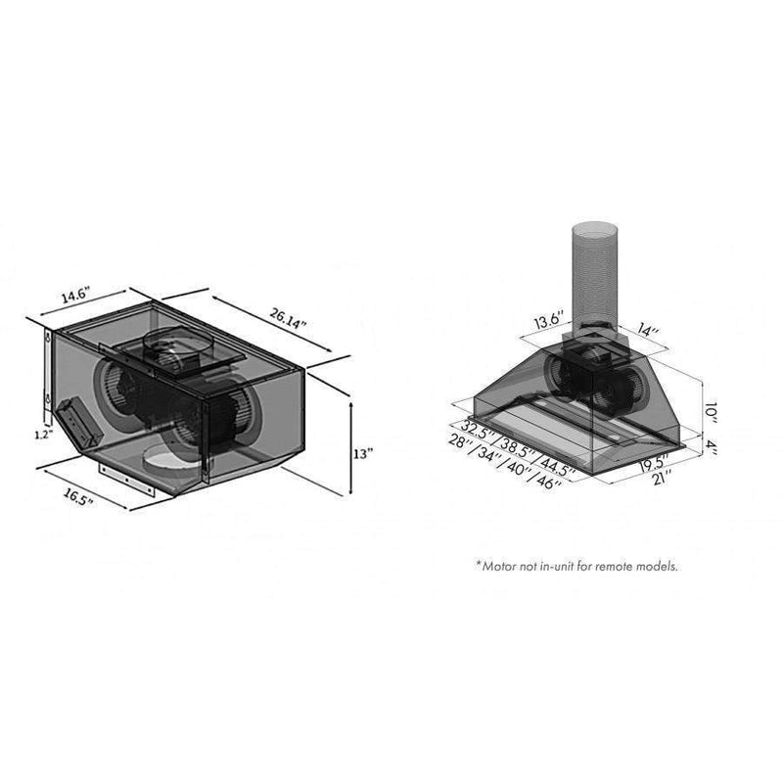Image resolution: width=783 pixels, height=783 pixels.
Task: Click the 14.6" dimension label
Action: tap(75, 296)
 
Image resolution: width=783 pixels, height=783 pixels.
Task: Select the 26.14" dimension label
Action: tap(288, 319)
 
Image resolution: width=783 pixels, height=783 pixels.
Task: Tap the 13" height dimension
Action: tap(363, 454)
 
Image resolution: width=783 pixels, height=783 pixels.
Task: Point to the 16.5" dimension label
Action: tap(78, 497)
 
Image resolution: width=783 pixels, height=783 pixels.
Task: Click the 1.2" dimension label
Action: tap(44, 435)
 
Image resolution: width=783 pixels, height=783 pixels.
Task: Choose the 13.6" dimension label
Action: tap(549, 320)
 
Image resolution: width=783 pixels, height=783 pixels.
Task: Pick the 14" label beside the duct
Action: tap(648, 330)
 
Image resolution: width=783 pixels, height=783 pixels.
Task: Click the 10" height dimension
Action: tap(712, 412)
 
